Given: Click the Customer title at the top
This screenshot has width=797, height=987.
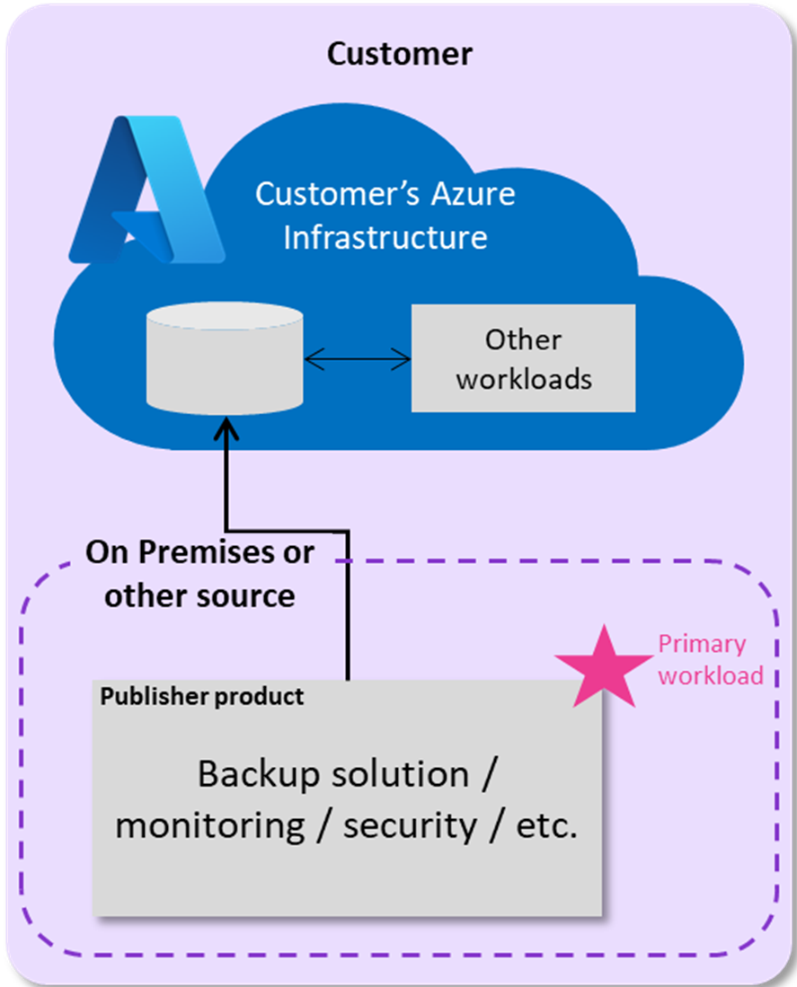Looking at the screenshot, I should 399,54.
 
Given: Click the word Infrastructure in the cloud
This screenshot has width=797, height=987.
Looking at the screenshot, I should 385,237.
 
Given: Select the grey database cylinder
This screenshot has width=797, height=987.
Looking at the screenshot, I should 225,358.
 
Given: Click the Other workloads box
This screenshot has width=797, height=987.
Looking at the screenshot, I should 523,359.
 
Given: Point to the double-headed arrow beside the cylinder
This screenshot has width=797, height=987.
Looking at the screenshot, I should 357,360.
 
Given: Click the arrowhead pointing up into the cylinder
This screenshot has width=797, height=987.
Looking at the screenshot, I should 226,430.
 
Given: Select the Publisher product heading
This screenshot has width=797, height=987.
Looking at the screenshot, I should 201,696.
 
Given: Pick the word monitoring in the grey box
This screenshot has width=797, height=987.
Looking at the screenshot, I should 210,825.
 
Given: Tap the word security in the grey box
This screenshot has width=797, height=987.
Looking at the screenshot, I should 410,825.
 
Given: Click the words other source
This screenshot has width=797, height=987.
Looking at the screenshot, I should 199,595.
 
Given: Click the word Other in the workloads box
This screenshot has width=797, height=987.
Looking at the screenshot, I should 523,339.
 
